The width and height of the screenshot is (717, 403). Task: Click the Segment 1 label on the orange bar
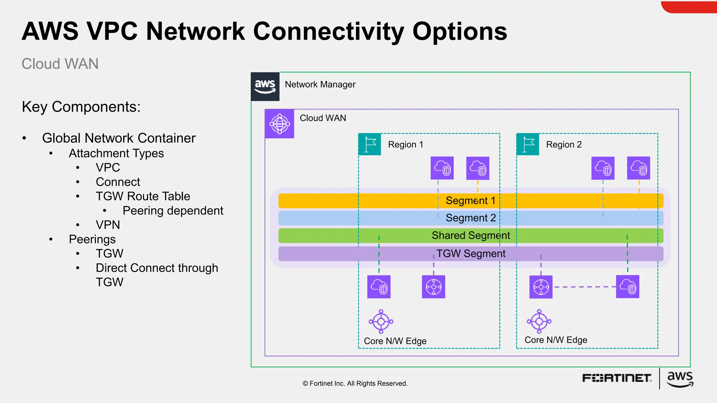point(470,200)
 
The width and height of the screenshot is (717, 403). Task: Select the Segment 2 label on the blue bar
point(470,218)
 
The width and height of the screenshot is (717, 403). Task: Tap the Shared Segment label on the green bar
point(471,235)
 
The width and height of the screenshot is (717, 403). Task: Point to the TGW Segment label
point(471,253)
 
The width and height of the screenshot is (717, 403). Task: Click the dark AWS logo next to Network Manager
point(265,86)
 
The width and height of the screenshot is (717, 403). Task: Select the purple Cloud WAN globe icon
point(279,123)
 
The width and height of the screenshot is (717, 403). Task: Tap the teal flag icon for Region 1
point(370,144)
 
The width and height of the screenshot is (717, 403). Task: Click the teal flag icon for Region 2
point(528,144)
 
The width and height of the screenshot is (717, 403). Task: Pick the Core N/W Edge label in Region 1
point(395,341)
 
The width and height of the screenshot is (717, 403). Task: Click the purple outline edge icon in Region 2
point(539,321)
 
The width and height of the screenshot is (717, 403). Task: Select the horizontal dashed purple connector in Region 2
point(584,287)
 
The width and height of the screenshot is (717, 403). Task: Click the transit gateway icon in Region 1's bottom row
point(433,287)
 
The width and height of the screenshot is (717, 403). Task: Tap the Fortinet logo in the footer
point(617,378)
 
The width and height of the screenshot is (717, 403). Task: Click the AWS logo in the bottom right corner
point(680,379)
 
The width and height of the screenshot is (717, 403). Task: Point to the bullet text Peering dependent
point(173,211)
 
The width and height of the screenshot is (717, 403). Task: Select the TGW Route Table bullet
point(143,196)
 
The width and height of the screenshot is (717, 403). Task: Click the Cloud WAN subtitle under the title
point(60,64)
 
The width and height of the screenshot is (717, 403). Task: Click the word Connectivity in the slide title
point(328,31)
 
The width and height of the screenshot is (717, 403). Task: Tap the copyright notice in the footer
point(355,383)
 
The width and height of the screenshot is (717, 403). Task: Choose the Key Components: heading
point(81,107)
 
